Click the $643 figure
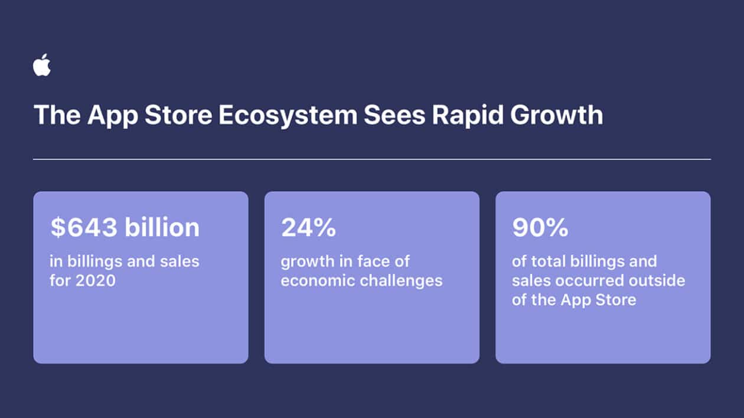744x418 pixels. pyautogui.click(x=84, y=228)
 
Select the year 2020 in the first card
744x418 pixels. pyautogui.click(x=94, y=280)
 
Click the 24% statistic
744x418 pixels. pyautogui.click(x=308, y=228)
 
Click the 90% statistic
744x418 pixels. pyautogui.click(x=540, y=228)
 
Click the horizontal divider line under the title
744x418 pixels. pyautogui.click(x=372, y=159)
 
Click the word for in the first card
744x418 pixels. pyautogui.click(x=61, y=280)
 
